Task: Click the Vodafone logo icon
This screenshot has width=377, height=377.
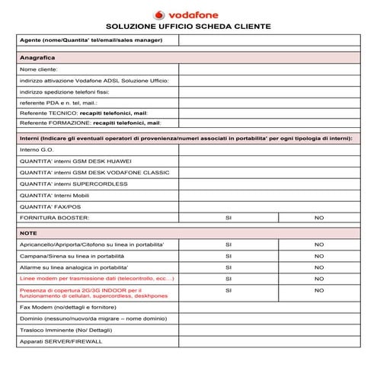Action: coord(159,14)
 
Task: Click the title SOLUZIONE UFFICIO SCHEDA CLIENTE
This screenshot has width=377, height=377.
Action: coord(188,26)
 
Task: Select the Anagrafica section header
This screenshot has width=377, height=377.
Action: coord(37,57)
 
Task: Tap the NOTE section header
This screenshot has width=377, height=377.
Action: coord(28,232)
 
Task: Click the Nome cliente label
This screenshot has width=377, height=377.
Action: coord(39,69)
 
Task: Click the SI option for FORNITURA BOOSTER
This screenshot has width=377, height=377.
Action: coord(228,218)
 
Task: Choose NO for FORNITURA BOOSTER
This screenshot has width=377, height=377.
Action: coord(319,218)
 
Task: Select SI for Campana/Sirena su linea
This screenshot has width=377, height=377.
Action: coord(228,256)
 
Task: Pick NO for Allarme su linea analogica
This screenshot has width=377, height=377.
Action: coord(319,267)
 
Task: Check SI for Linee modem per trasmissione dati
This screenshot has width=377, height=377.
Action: coord(228,279)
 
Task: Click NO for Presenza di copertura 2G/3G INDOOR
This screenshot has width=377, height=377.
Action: coord(319,290)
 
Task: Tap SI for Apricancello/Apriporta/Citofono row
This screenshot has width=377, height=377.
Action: coord(228,244)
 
